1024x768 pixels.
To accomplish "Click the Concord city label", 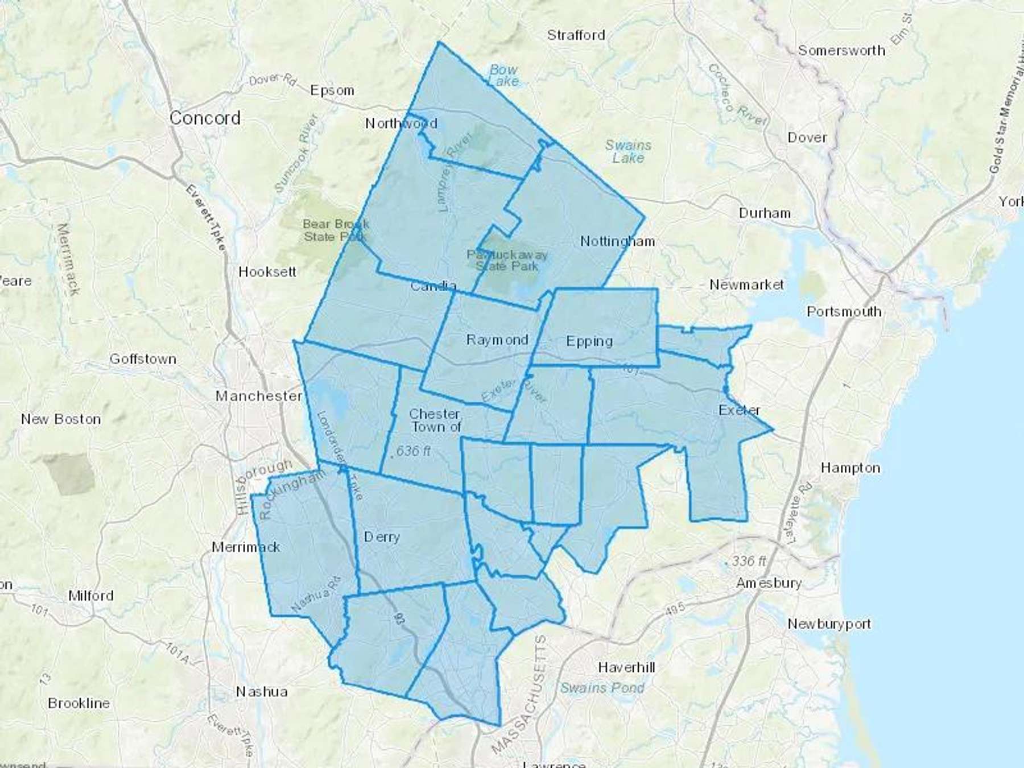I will point(205,118).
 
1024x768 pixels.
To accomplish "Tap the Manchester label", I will point(258,396).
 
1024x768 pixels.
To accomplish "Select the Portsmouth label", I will point(844,312).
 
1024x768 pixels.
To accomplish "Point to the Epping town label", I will point(589,341).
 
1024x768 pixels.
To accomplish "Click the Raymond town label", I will point(497,340).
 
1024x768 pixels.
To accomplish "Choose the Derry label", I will point(382,537).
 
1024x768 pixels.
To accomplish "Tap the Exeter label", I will point(739,410).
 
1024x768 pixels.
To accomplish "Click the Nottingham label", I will point(617,241).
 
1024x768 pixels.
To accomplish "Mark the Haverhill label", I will point(626,667).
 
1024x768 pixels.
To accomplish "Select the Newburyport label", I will point(829,624).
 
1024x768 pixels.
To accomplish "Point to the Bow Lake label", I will point(503,75).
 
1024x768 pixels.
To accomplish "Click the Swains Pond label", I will point(602,688).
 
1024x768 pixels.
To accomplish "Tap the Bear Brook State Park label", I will point(336,230).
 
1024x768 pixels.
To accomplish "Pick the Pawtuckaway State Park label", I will point(507,260).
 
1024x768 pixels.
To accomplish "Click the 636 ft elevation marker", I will point(412,451).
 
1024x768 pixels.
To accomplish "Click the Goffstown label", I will point(143,359).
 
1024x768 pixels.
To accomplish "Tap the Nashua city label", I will point(262,692).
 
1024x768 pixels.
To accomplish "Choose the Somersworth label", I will point(841,51).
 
